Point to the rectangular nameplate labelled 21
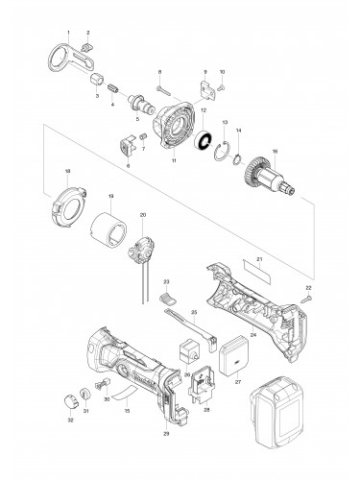[x=251, y=262]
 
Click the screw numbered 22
[x=307, y=300]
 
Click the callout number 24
[x=252, y=336]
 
